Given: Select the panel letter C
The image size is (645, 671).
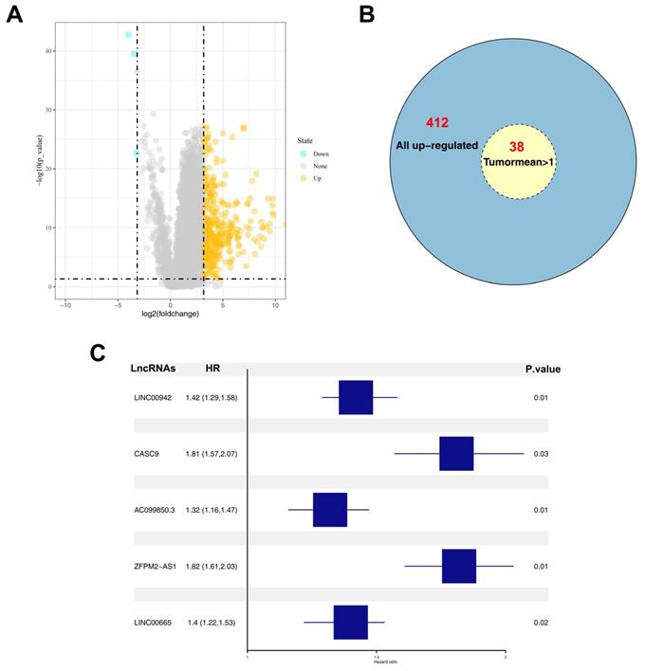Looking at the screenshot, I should (x=98, y=353).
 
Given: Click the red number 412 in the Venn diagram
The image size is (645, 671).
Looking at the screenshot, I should (x=437, y=123).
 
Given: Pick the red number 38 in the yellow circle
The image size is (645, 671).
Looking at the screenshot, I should (x=516, y=147).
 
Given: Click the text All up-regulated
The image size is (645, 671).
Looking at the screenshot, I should (x=436, y=145).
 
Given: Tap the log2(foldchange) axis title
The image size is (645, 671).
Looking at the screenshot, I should (x=170, y=312).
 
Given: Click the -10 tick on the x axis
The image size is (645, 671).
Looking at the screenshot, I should (x=65, y=304).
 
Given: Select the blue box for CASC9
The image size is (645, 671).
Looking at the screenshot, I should (x=456, y=454).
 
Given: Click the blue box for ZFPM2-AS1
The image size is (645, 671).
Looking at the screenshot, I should (x=459, y=566).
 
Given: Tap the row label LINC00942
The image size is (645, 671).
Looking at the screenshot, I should (x=155, y=397).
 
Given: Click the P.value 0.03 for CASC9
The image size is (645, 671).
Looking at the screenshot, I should (x=542, y=454).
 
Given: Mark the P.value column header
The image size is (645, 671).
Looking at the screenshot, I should (x=542, y=370).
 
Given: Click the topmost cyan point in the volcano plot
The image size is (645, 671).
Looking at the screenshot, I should (x=128, y=35).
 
